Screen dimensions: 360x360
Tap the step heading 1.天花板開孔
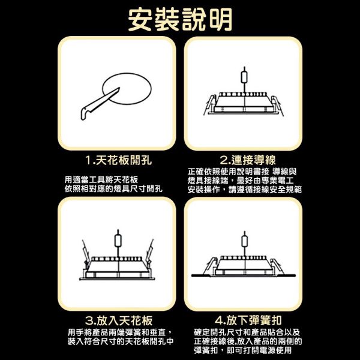(118, 160)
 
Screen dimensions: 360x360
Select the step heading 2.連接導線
(247, 160)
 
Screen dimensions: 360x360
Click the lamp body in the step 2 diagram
(242, 103)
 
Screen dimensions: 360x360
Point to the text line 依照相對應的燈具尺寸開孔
(113, 189)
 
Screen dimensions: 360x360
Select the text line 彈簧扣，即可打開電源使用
(243, 350)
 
